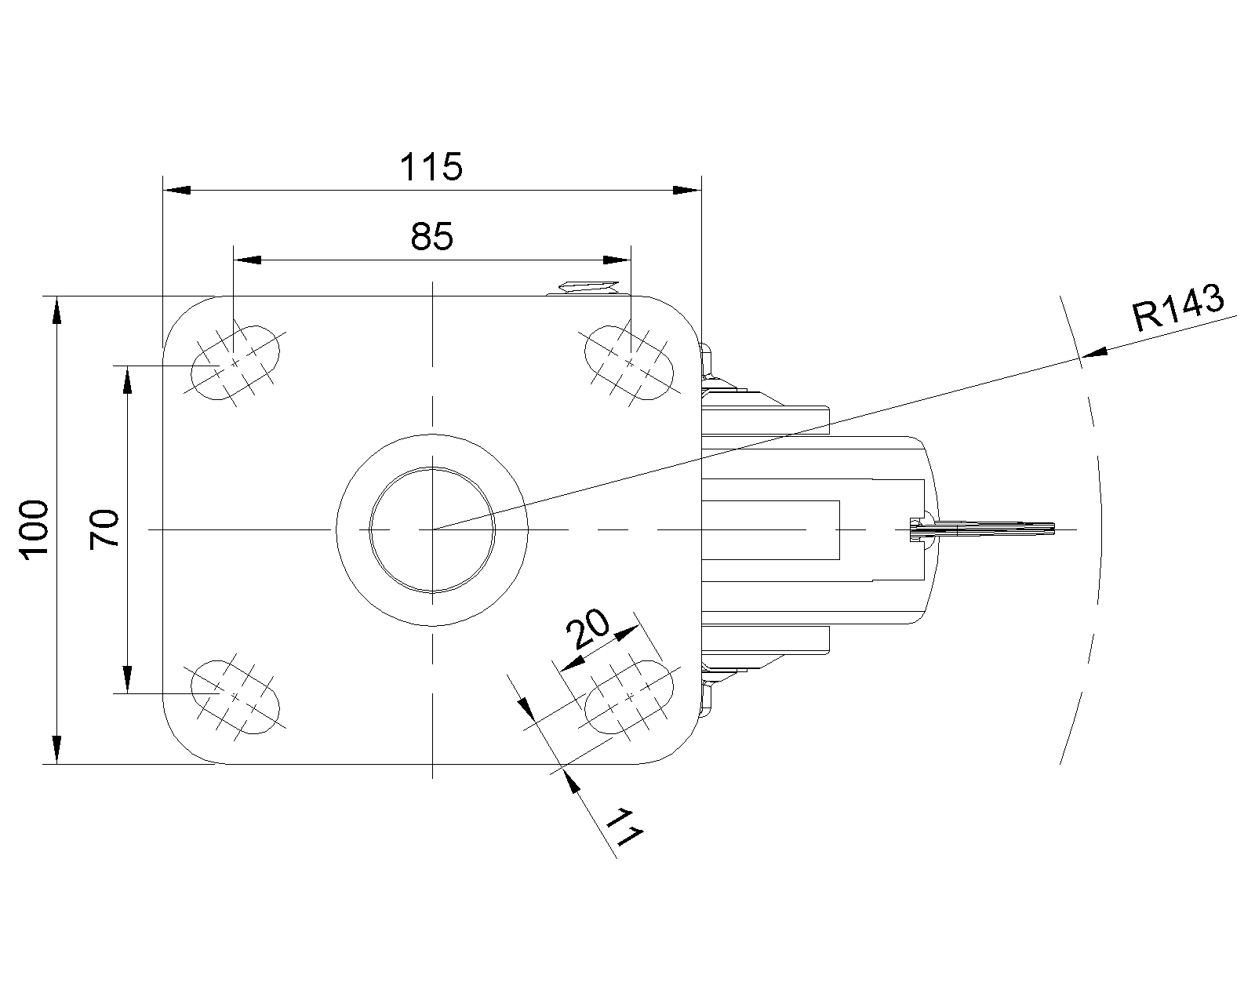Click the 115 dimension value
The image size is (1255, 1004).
coord(431,166)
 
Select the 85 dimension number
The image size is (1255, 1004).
coord(431,236)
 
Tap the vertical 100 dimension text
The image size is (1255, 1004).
coord(35,529)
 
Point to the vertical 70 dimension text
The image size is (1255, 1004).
coord(104,529)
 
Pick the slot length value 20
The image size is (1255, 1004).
coord(587,628)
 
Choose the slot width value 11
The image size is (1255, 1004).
coord(624,827)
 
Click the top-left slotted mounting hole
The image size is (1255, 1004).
coord(235,363)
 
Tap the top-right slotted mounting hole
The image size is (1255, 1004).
coord(629,363)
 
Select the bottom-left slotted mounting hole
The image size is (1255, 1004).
coord(235,697)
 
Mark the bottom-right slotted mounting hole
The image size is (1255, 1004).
coord(629,697)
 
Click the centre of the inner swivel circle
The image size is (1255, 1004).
coord(432,529)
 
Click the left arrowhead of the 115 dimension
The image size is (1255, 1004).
coord(176,190)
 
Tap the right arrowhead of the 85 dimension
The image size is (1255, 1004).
coord(617,260)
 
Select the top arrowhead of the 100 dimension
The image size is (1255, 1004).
coord(56,310)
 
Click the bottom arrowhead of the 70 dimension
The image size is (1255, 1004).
coord(127,679)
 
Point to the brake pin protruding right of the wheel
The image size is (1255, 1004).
coord(982,529)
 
